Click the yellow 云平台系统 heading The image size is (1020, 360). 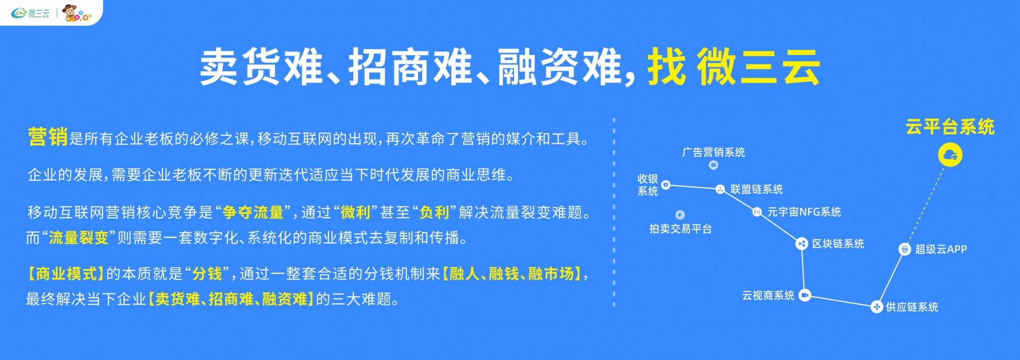tap(950, 127)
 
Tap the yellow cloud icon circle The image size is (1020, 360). tap(950, 155)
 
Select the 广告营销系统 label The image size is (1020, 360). tap(713, 152)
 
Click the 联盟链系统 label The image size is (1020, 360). tap(757, 189)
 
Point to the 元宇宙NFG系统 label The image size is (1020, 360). tap(804, 212)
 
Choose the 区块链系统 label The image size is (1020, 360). tap(838, 244)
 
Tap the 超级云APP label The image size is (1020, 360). tap(941, 249)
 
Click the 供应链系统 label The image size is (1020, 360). tap(912, 307)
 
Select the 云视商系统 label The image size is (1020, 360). tap(768, 295)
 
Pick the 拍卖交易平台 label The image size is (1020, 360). tap(680, 228)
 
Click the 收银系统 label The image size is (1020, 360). tap(648, 185)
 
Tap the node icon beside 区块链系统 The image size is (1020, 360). tap(802, 244)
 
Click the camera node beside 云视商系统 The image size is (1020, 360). tap(805, 295)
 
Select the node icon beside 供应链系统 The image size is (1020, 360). tap(876, 306)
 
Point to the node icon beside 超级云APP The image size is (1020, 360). tap(905, 249)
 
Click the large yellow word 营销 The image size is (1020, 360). tap(48, 137)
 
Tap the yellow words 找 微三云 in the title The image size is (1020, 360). tap(733, 67)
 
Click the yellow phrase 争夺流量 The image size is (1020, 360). tap(253, 212)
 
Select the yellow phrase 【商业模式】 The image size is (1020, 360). tap(65, 274)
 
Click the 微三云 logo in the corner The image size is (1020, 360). tap(31, 13)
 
